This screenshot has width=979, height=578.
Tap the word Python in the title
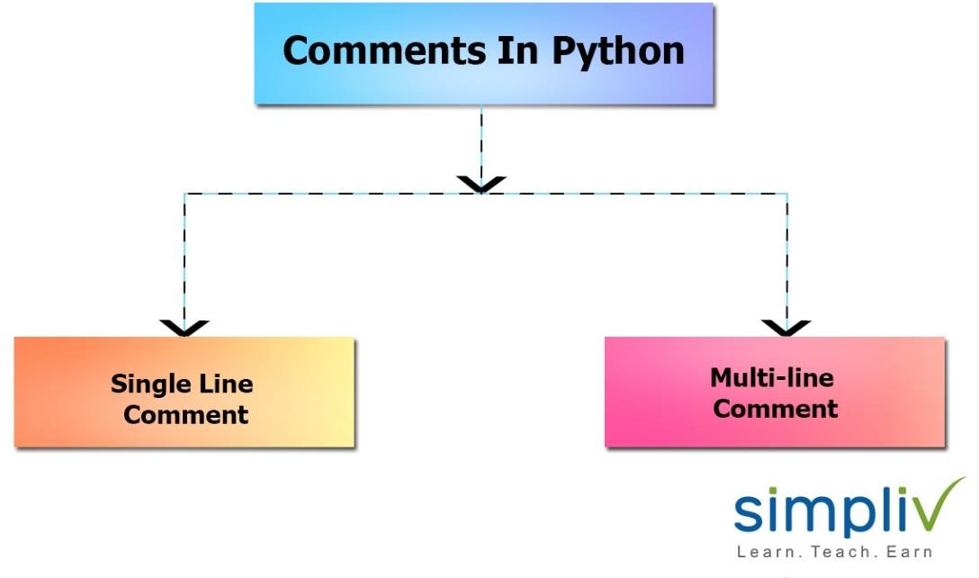(617, 52)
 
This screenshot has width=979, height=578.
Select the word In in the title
(516, 50)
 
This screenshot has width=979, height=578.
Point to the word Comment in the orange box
(185, 415)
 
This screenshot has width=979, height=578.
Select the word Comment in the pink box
(775, 409)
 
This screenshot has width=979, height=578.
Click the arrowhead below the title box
(481, 184)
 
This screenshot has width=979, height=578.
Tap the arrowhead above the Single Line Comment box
(184, 327)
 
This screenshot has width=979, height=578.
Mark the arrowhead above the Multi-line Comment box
(786, 327)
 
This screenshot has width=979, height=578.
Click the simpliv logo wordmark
(828, 512)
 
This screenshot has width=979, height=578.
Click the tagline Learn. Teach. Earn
(833, 551)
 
